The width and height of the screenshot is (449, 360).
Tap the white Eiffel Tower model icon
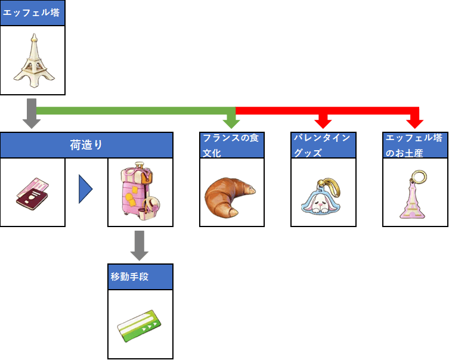click(33, 60)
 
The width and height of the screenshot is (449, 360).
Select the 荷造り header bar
click(86, 145)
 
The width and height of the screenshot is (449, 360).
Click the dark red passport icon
click(33, 193)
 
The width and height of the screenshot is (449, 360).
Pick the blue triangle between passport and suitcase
click(85, 191)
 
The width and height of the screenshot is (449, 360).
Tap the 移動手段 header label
click(140, 277)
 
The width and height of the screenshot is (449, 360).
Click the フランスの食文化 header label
click(232, 145)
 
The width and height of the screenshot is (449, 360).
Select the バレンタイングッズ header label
click(323, 145)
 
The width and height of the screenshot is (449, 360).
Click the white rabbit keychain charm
click(321, 197)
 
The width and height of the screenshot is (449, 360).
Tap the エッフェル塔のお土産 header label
click(415, 145)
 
